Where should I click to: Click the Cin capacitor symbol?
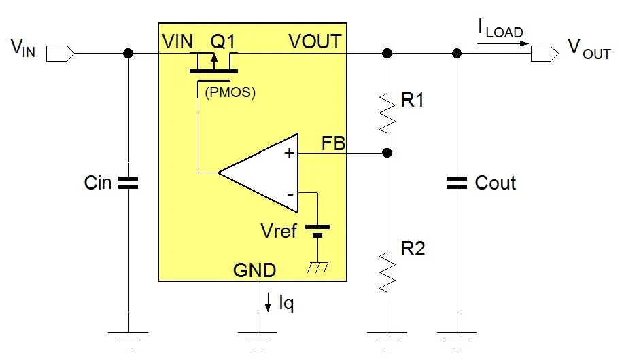128,182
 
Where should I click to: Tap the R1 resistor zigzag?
387,111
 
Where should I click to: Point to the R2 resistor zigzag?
387,270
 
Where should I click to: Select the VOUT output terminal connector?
542,52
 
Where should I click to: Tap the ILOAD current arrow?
503,42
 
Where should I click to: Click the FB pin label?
334,144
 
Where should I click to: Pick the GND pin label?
255,271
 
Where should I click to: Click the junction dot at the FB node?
387,153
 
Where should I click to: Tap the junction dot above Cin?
128,52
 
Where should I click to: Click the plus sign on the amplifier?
290,154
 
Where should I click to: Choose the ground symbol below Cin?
128,335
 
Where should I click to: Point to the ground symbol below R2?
387,335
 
